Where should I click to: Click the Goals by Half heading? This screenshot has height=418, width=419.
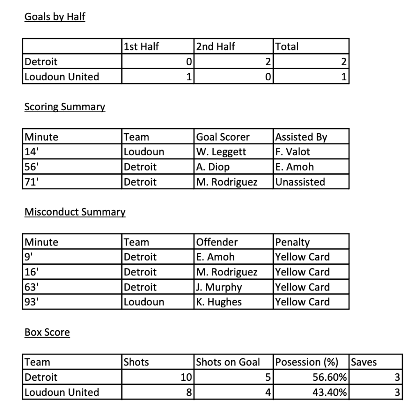(55, 17)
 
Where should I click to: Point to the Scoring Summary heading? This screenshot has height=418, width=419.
(65, 107)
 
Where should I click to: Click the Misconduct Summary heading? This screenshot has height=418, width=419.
(75, 212)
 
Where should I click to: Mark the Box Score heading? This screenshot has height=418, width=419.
(47, 332)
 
